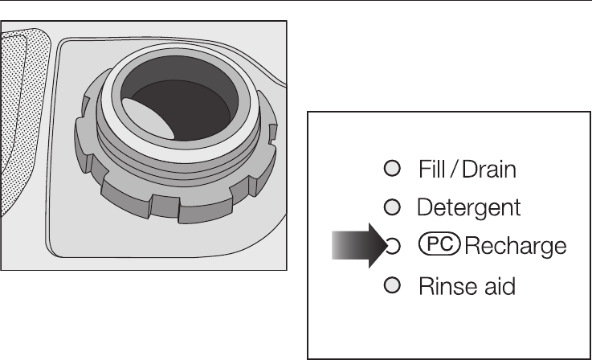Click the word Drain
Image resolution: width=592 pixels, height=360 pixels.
click(x=487, y=170)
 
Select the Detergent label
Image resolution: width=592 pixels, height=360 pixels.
click(x=469, y=208)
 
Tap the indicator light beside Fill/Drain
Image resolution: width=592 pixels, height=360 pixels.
click(x=391, y=169)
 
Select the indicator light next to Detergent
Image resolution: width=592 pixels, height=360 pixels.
click(x=391, y=207)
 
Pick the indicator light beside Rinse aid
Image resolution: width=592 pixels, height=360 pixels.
click(x=391, y=285)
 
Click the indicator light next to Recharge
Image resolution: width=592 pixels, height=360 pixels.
click(x=393, y=246)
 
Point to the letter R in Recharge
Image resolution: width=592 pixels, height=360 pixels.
click(x=472, y=246)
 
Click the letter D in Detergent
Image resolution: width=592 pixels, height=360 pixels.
click(x=424, y=208)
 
